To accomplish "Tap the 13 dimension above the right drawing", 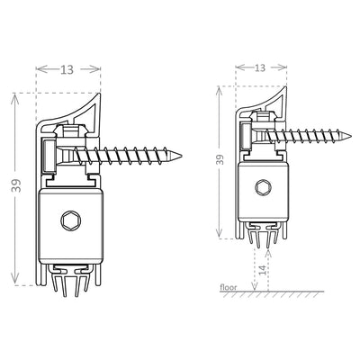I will pos(259,67).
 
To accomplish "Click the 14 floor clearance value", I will pos(261,269).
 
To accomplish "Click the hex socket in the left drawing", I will pos(71,221).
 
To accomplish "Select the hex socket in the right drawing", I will pos(262,188).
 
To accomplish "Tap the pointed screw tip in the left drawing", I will pos(182,156).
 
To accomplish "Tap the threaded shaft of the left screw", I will pos(135,156).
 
